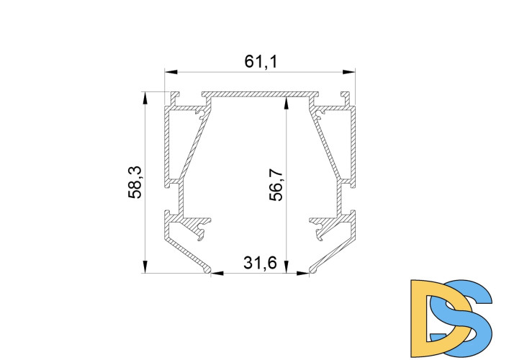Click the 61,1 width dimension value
pos(261,62)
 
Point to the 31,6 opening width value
pos(260,263)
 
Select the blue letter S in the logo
pos(467,317)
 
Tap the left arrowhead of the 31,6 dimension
pos(217,273)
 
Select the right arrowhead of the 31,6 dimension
pos(303,273)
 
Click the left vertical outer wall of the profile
pos(166,144)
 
